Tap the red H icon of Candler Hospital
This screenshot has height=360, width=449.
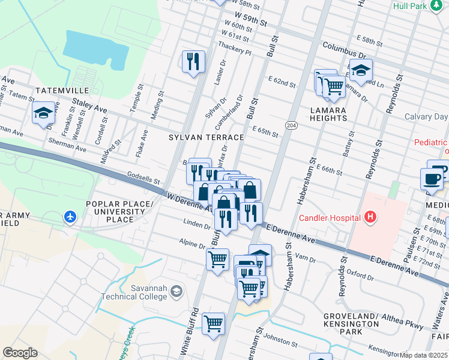370,217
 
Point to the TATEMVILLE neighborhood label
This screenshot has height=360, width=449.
62,90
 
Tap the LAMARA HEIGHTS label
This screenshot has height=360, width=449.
328,114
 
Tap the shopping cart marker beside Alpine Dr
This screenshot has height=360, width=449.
217,259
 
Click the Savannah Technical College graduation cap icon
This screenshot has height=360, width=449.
176,292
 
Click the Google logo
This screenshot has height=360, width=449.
20,353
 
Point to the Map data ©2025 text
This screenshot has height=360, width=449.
424,355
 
